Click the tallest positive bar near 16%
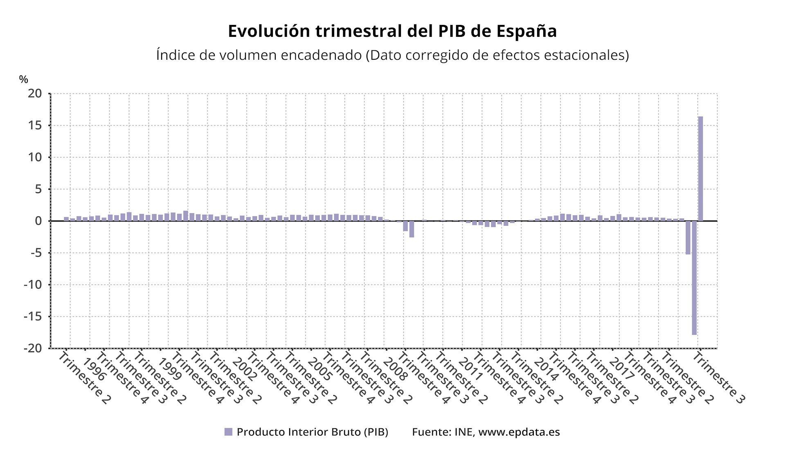[x=700, y=169]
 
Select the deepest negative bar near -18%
[x=694, y=278]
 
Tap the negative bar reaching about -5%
[x=688, y=238]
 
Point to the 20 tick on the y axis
[x=35, y=94]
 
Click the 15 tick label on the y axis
[x=35, y=126]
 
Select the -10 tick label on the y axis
[x=32, y=285]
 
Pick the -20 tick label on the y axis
[x=32, y=349]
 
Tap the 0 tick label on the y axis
[x=38, y=221]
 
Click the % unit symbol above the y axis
[x=23, y=79]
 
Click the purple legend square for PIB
[x=228, y=432]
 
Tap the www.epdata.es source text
[x=519, y=432]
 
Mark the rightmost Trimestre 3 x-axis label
[x=718, y=378]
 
